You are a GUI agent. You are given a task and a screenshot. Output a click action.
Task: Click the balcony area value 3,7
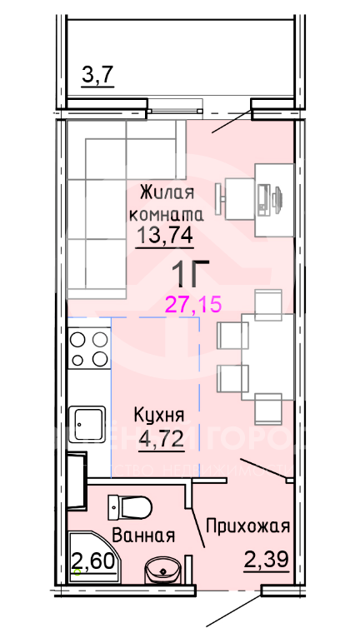[97, 76]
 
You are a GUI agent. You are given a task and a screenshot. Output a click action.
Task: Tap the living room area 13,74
[165, 236]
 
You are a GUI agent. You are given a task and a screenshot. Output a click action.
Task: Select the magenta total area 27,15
[192, 304]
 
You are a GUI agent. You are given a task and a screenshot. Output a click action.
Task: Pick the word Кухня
[160, 415]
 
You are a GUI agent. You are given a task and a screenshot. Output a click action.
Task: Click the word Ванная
[142, 536]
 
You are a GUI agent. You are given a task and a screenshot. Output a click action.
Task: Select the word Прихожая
[248, 526]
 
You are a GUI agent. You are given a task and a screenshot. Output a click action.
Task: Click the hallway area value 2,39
[266, 561]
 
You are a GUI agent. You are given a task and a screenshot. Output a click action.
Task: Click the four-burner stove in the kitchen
[89, 349]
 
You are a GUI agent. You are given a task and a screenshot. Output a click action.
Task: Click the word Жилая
[167, 193]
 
